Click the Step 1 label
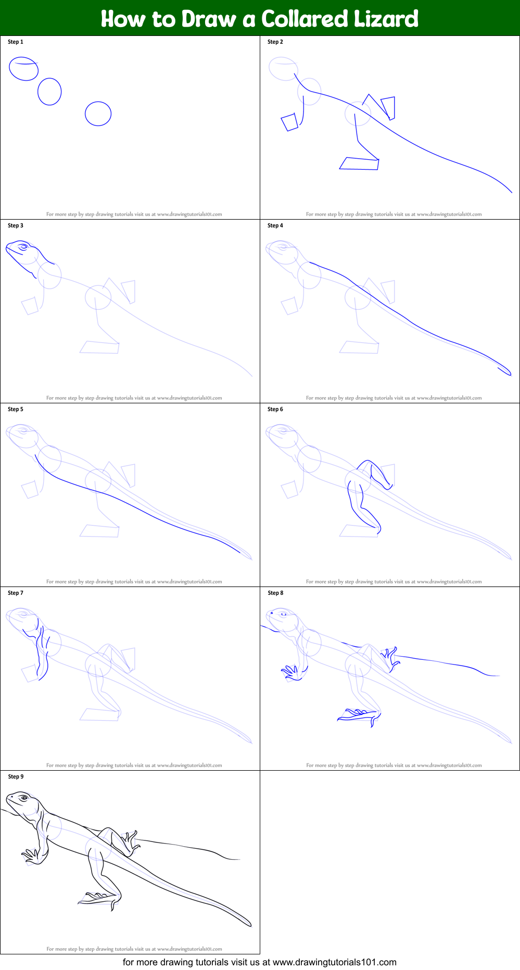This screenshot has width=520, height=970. click(x=16, y=42)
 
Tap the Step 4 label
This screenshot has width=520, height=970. click(x=275, y=225)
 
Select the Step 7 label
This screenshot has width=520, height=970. click(x=16, y=593)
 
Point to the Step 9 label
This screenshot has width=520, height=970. click(x=16, y=776)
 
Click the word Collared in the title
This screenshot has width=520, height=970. click(x=305, y=19)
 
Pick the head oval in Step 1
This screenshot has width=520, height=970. click(x=23, y=69)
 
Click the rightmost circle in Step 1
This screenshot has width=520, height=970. click(x=98, y=113)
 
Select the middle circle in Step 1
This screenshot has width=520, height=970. click(x=49, y=92)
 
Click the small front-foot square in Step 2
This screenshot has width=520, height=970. click(x=289, y=122)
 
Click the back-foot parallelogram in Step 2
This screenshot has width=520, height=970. click(x=359, y=163)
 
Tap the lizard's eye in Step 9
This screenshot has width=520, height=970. click(x=23, y=798)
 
